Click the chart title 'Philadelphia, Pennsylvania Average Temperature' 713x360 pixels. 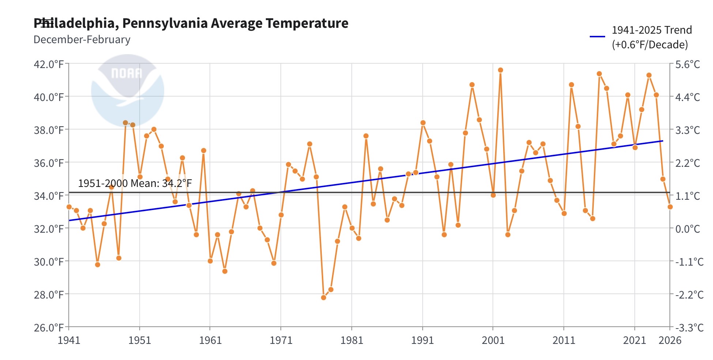(x=191, y=23)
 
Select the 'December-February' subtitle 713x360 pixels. (x=82, y=40)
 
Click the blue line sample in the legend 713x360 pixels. (x=597, y=37)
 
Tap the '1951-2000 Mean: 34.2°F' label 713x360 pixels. (x=135, y=183)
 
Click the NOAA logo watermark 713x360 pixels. (x=127, y=90)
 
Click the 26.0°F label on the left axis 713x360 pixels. (x=49, y=327)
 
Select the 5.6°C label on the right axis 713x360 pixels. (x=687, y=64)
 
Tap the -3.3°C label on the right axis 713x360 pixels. (x=689, y=327)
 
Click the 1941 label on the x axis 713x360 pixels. (x=69, y=340)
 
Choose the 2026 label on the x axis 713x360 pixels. (x=670, y=340)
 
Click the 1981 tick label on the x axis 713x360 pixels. (x=352, y=340)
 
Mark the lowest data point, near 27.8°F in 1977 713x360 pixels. (x=324, y=297)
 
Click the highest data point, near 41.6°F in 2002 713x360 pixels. (x=501, y=70)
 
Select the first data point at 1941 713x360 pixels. (x=69, y=207)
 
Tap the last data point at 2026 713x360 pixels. (x=670, y=207)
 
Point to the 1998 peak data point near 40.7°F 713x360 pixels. (x=472, y=85)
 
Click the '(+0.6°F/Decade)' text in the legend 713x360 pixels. (x=650, y=45)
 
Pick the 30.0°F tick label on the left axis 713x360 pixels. (x=49, y=262)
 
